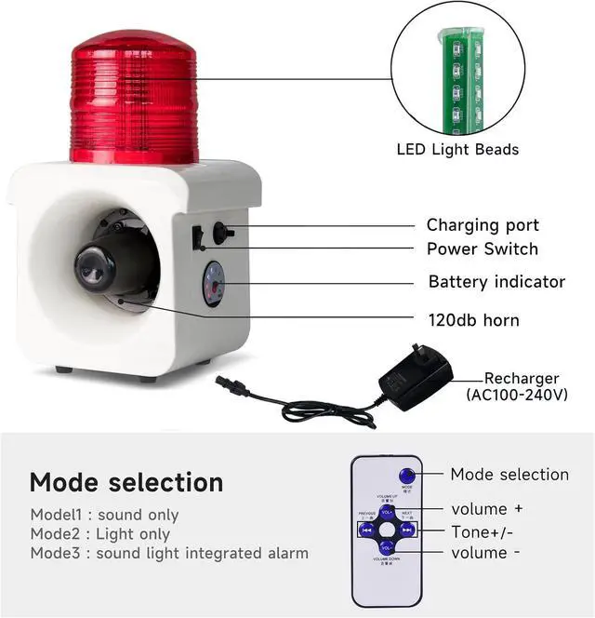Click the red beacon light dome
tap(135, 98)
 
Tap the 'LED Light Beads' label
tap(457, 149)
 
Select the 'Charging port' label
tap(483, 225)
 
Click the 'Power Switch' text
tap(482, 249)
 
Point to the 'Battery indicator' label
tap(496, 281)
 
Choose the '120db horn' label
tap(473, 320)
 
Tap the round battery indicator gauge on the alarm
tap(213, 283)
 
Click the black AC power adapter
tap(416, 377)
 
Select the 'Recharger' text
tap(522, 379)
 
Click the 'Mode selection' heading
tap(126, 482)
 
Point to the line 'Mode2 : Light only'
tap(100, 534)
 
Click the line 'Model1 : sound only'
tap(104, 515)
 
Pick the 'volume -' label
tap(480, 553)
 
